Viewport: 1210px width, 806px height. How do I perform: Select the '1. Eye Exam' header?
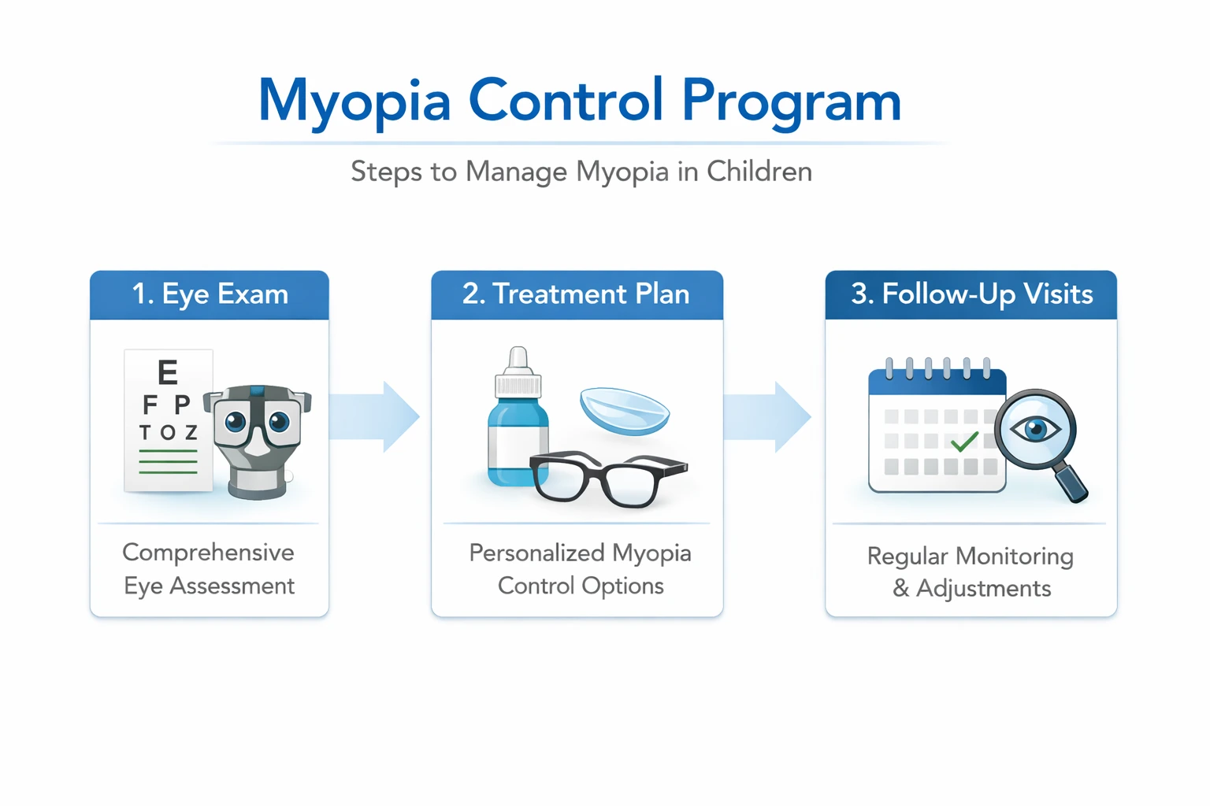[x=210, y=294]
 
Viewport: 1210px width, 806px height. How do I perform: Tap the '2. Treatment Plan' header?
[x=576, y=294]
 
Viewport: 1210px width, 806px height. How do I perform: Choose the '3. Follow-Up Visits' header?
[x=971, y=294]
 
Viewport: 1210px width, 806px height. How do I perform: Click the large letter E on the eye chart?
[x=167, y=372]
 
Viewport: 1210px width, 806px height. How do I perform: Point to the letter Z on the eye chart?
[x=191, y=433]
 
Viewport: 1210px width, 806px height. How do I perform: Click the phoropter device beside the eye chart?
[x=258, y=441]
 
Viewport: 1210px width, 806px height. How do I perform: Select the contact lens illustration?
[x=624, y=411]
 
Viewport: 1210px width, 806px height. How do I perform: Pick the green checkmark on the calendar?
[x=964, y=442]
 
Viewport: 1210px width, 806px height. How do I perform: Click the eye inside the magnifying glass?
[x=1035, y=429]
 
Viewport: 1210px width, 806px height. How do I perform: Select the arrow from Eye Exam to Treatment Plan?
[x=376, y=416]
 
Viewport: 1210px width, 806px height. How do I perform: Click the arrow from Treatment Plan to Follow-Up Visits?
[x=768, y=416]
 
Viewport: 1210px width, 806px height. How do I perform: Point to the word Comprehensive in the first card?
[x=208, y=553]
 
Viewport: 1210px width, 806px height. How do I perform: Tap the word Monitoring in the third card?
[x=1014, y=556]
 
